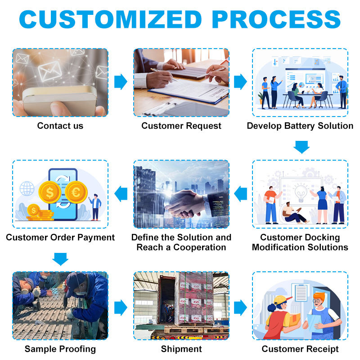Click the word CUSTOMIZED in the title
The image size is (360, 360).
tap(110, 19)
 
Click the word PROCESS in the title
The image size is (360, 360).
tap(276, 19)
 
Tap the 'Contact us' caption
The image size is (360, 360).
tap(60, 126)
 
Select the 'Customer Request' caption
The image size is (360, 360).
tap(181, 126)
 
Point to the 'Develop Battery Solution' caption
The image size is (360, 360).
tap(300, 126)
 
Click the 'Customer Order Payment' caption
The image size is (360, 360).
tap(60, 238)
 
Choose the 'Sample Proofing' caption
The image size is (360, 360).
tap(60, 349)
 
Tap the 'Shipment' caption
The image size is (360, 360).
tap(181, 349)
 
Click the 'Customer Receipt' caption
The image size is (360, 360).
tap(300, 349)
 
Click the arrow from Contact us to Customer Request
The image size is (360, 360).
tap(121, 82)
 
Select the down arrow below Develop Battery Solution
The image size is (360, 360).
tap(301, 147)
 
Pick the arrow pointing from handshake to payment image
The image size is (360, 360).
tap(121, 194)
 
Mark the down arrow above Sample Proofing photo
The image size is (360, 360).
tap(60, 259)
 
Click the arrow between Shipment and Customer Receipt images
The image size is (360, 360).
tap(240, 307)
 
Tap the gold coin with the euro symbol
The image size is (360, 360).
tap(76, 192)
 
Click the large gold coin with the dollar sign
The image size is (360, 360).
tap(50, 192)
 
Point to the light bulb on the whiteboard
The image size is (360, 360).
tap(301, 193)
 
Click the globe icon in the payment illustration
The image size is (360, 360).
tap(27, 189)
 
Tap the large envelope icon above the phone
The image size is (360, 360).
tap(50, 71)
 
